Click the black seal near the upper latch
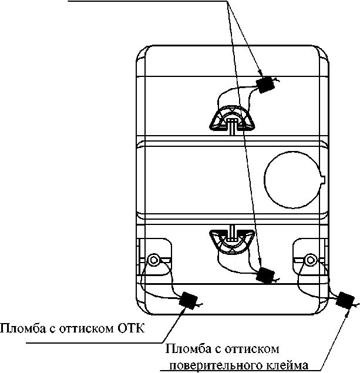[267, 85]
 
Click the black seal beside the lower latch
[267, 274]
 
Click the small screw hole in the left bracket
[154, 260]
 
